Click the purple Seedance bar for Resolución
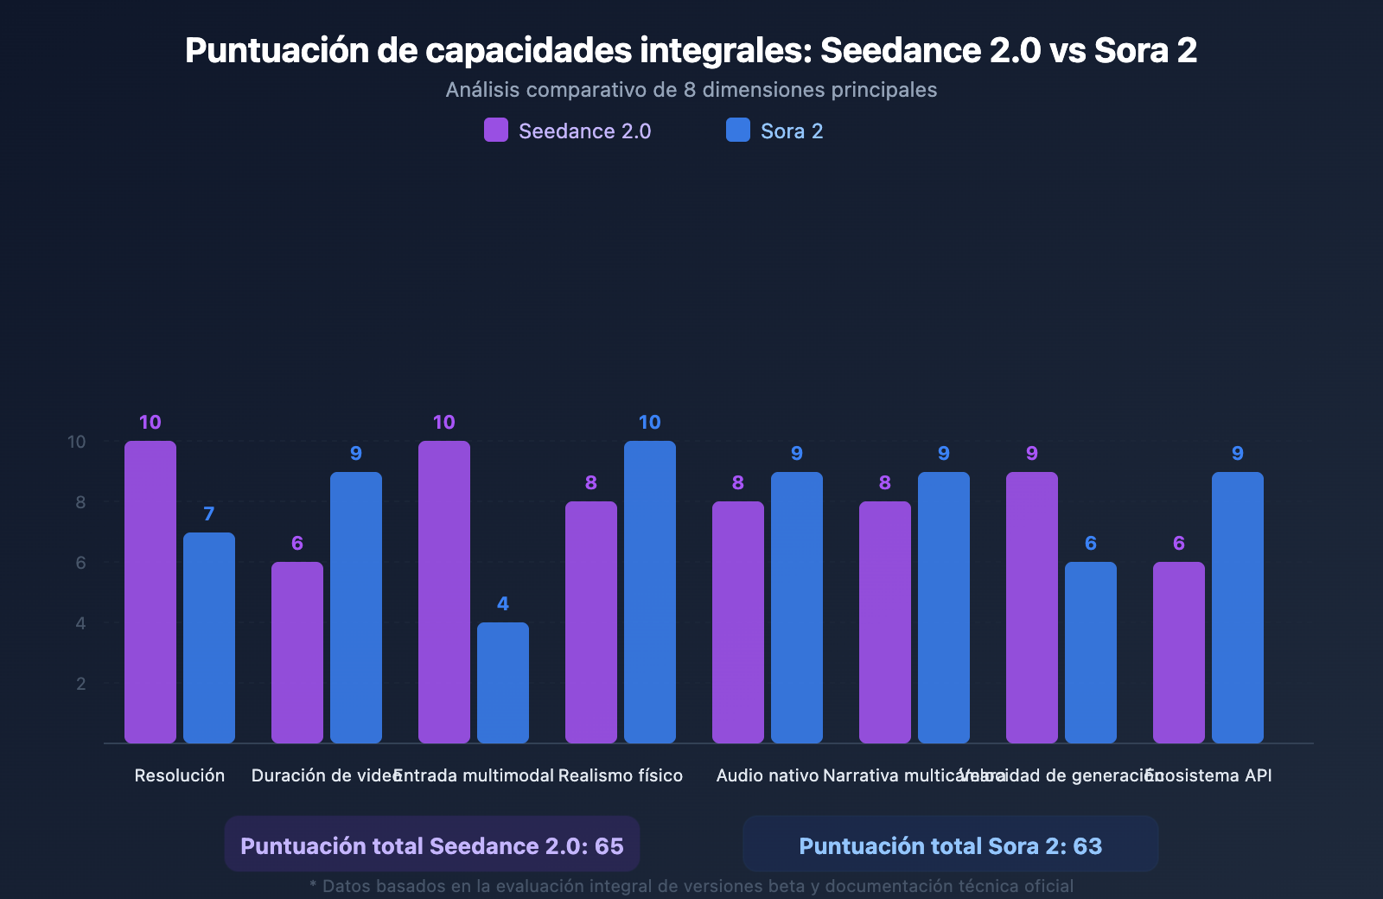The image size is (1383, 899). coord(150,592)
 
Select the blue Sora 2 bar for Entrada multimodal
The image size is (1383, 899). coord(503,683)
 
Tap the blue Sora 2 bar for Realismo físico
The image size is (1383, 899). coord(650,592)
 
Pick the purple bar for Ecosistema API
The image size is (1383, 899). coord(1179,653)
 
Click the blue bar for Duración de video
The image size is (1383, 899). coord(356,608)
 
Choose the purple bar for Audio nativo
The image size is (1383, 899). coord(738,622)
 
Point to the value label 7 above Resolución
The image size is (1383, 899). coord(209,514)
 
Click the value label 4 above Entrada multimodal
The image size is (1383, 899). coord(503,604)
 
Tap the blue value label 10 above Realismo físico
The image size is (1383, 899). coord(650,423)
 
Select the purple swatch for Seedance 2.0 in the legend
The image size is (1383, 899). coord(496,131)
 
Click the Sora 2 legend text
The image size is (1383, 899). coord(792,131)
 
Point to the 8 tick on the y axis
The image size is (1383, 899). coord(80,502)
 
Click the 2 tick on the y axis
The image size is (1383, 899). coord(81,684)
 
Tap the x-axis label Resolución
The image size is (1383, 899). coord(180,775)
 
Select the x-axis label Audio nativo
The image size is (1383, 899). coord(768,775)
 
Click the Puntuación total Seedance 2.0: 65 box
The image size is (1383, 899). coord(432,845)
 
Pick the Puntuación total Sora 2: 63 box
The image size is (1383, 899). coord(951,845)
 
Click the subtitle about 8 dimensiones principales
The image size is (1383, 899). coord(691,90)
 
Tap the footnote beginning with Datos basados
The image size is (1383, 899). coord(691,886)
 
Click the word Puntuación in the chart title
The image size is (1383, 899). coord(277,50)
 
